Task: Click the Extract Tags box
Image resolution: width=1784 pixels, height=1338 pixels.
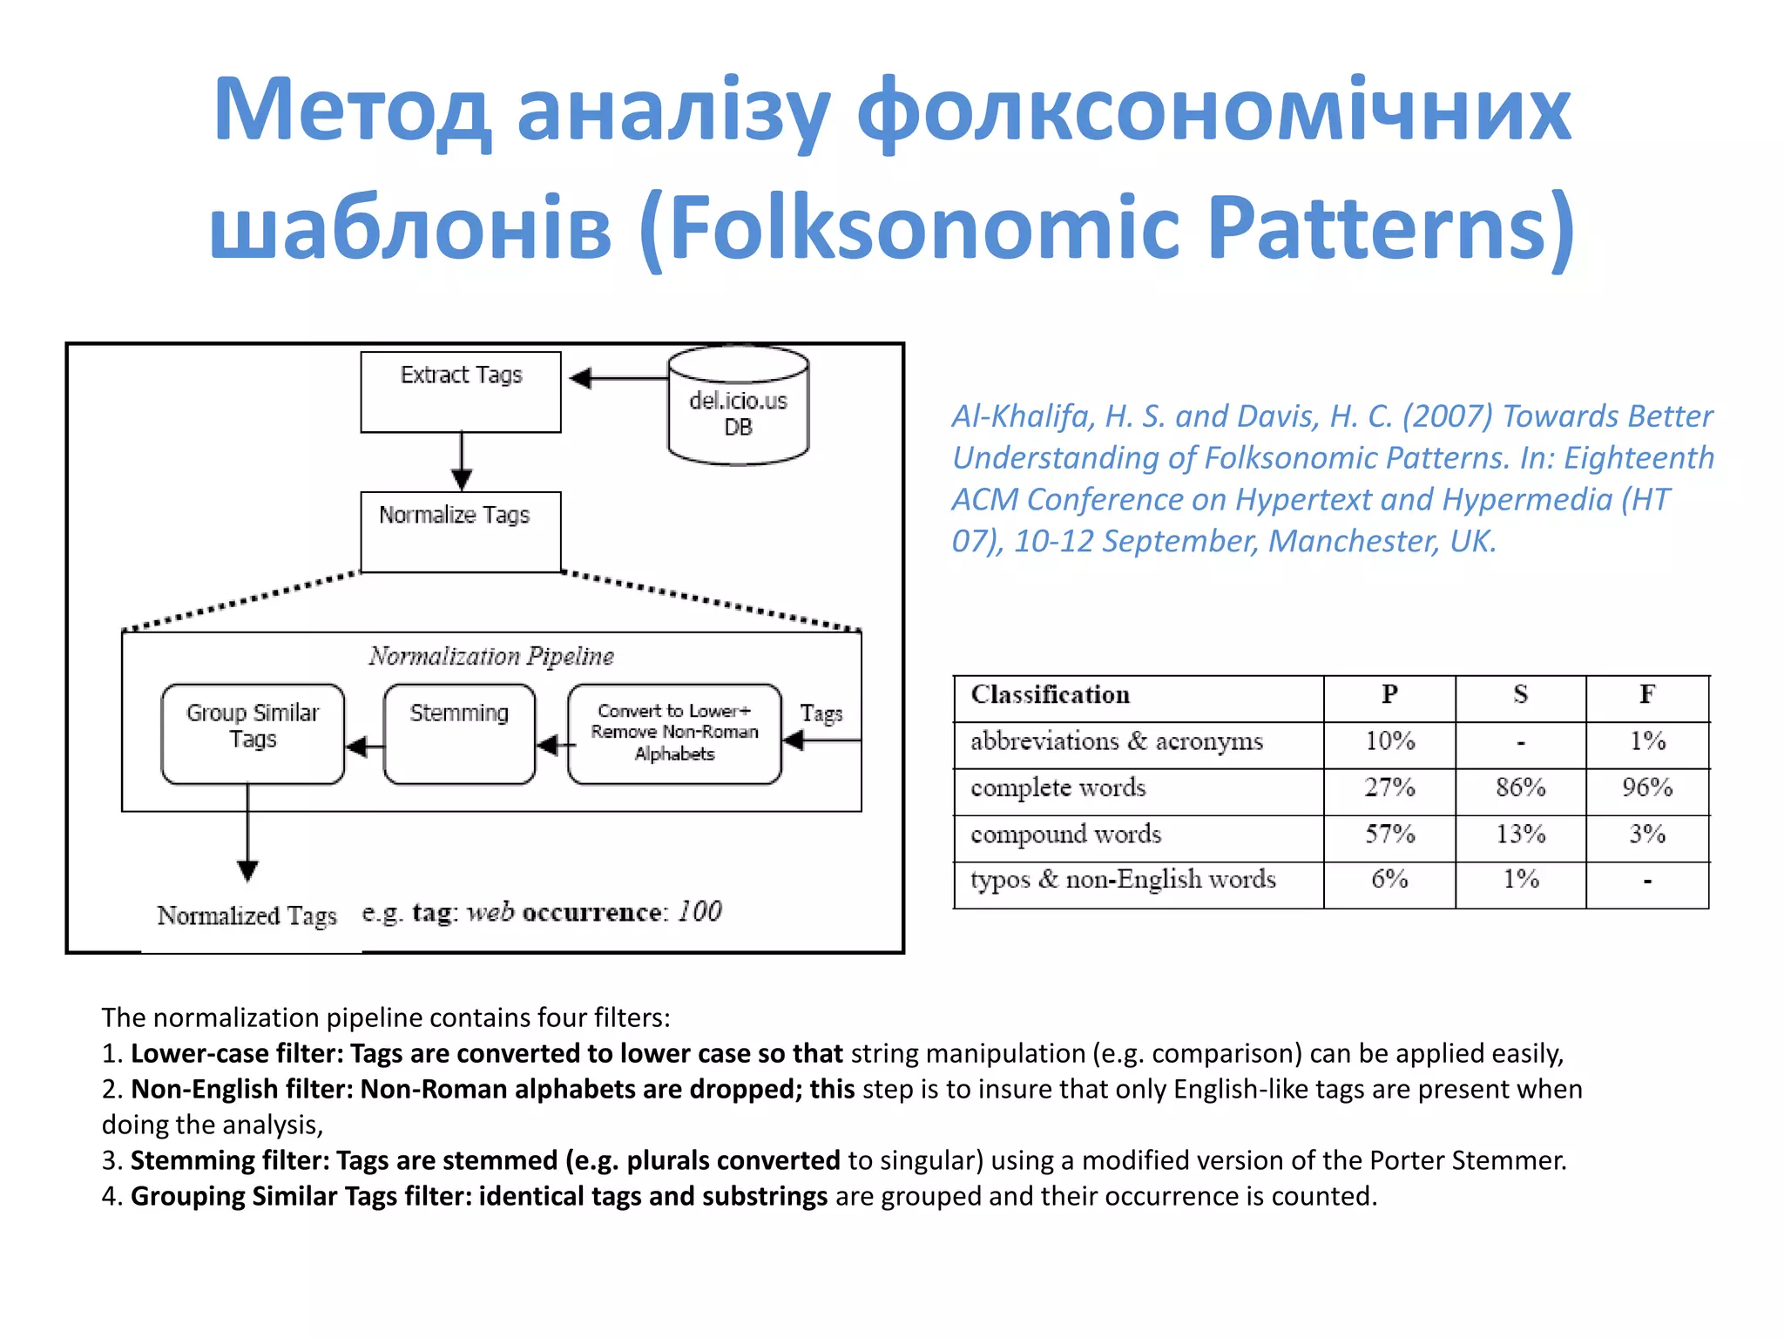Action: pyautogui.click(x=461, y=392)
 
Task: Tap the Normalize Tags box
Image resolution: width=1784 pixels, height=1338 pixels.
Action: pyautogui.click(x=461, y=531)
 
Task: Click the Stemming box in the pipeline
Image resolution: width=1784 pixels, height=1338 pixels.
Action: pyautogui.click(x=459, y=733)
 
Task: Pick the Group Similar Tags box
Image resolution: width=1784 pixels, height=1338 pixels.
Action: pyautogui.click(x=253, y=733)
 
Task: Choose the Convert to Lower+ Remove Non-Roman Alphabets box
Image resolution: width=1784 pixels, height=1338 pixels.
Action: pyautogui.click(x=674, y=733)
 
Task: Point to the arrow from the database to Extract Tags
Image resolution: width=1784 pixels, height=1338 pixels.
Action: pyautogui.click(x=618, y=378)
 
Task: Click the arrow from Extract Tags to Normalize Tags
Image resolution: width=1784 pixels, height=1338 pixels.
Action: pyautogui.click(x=462, y=462)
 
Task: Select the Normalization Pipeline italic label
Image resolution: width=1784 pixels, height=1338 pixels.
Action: pyautogui.click(x=491, y=656)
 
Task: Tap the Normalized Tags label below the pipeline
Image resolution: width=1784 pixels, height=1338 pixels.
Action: pyautogui.click(x=247, y=916)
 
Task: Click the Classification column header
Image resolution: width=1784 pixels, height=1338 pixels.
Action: pyautogui.click(x=1051, y=695)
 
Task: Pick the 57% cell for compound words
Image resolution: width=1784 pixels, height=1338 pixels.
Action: pyautogui.click(x=1389, y=835)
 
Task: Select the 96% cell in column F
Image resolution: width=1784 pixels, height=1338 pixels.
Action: pyautogui.click(x=1647, y=787)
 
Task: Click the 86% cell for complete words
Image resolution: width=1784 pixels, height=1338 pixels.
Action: pyautogui.click(x=1520, y=787)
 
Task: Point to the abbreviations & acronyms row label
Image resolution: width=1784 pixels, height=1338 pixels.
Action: pyautogui.click(x=1117, y=741)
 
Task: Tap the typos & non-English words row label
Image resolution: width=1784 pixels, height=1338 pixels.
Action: pyautogui.click(x=1123, y=880)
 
